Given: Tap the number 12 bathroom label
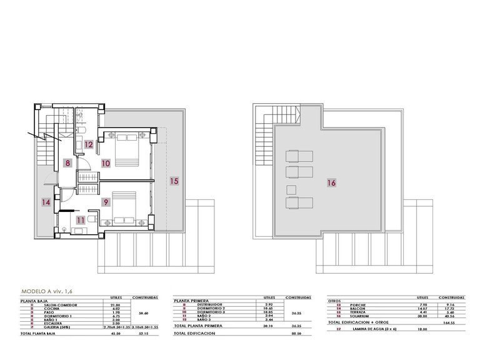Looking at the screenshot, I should coord(89,145).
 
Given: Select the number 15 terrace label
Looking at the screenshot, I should coord(174,181).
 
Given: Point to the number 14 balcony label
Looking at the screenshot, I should coord(46,202).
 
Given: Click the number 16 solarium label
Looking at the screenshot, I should coord(331,183).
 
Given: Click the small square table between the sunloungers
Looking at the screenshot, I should coord(291,189).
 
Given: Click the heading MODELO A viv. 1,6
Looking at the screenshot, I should coord(47,291).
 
